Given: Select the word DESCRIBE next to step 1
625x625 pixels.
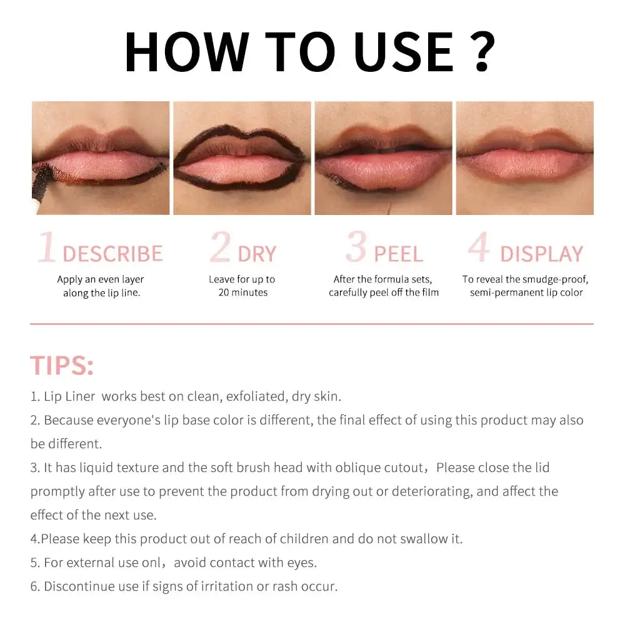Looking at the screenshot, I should coord(112,254).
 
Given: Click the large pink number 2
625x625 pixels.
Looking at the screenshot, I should coord(220,247).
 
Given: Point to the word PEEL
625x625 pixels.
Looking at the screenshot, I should coord(398,254).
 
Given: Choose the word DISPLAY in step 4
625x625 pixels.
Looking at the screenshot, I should coord(541,254).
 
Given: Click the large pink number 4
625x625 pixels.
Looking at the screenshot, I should coord(479,247).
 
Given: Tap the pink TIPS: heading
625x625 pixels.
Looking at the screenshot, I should coord(62,366).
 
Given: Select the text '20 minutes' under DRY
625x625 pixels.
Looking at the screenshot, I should coord(243,292).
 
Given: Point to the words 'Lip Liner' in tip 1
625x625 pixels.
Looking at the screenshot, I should coord(69,396).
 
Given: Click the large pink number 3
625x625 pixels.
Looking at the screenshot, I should coord(356,247).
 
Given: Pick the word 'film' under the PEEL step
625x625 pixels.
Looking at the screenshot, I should coord(429,292).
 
